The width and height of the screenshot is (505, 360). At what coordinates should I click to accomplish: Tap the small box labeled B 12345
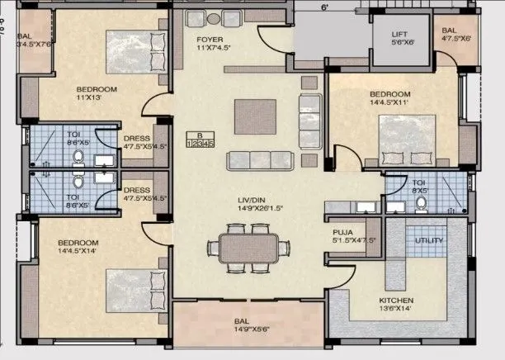click(200, 140)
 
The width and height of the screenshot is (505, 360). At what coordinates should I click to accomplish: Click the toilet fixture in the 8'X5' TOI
click(422, 201)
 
